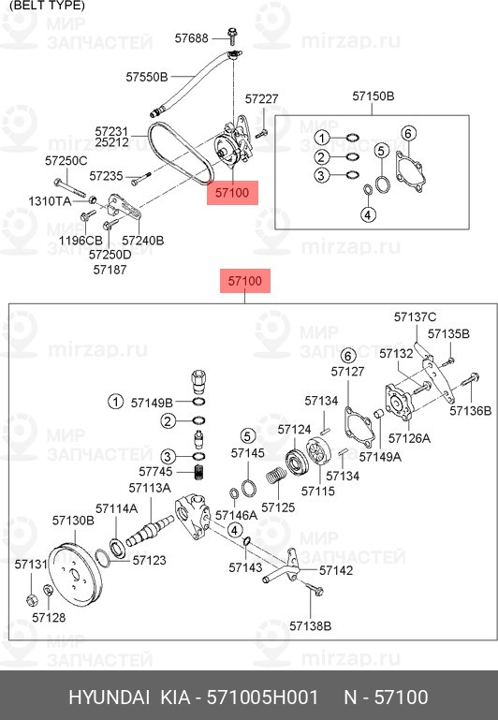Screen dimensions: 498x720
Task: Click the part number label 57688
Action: [x=191, y=37]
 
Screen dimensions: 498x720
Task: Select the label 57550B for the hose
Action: [x=147, y=77]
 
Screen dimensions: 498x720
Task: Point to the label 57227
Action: [x=261, y=98]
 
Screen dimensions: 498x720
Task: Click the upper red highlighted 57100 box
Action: [x=232, y=192]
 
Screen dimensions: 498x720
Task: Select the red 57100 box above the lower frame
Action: [x=245, y=281]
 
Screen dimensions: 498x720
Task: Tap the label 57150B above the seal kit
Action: [x=373, y=96]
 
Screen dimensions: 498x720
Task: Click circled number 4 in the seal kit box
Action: [x=369, y=214]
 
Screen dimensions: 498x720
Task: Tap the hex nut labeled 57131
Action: [x=31, y=600]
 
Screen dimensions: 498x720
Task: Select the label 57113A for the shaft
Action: [x=150, y=488]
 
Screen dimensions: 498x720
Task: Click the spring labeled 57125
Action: [x=276, y=475]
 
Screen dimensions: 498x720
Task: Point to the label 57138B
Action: [x=310, y=625]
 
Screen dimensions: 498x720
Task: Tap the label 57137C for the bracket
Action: [x=415, y=317]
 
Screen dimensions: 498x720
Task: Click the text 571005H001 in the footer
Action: [x=262, y=697]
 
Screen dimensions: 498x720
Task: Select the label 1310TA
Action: [x=50, y=201]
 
